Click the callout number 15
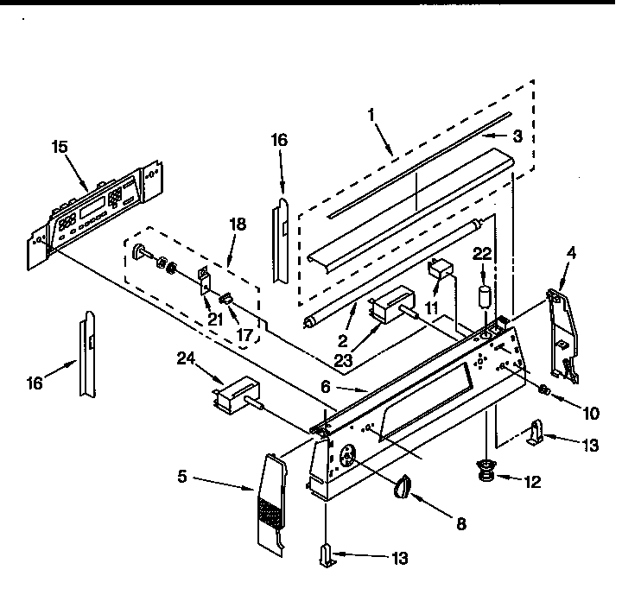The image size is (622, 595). point(59,148)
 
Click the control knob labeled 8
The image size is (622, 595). point(403,489)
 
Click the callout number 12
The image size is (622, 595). point(532,482)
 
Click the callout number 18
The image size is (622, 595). point(238,224)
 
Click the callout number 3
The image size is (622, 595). point(515,136)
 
